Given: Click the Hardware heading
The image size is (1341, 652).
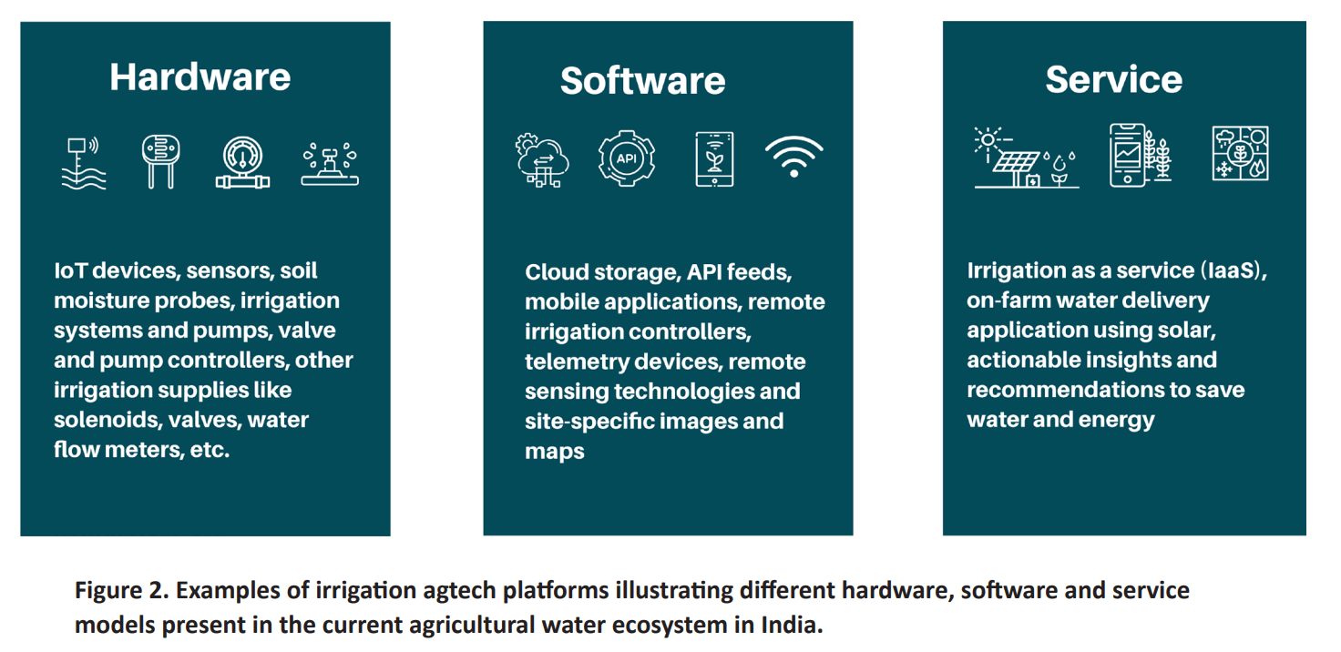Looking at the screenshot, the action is click(x=200, y=77).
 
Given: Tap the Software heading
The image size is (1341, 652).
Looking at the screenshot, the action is click(x=642, y=81).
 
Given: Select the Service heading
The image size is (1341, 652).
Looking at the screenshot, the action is click(x=1113, y=80).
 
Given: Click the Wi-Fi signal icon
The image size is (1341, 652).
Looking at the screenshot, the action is click(x=793, y=157).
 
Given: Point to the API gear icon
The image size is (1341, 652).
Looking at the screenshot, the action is click(x=627, y=158).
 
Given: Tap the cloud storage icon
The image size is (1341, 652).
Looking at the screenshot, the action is click(x=542, y=160).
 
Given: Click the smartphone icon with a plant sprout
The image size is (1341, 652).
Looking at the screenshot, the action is click(x=714, y=158).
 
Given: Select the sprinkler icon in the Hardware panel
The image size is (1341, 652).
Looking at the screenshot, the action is click(x=330, y=164).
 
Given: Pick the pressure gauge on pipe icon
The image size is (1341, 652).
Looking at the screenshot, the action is click(x=243, y=163).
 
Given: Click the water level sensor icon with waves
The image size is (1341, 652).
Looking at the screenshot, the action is click(x=84, y=163).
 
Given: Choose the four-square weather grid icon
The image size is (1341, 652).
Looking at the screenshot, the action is click(x=1240, y=153).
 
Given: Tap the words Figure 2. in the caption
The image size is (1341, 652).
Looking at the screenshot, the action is click(x=120, y=590).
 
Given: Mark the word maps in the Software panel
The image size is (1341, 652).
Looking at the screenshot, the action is click(x=554, y=451).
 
